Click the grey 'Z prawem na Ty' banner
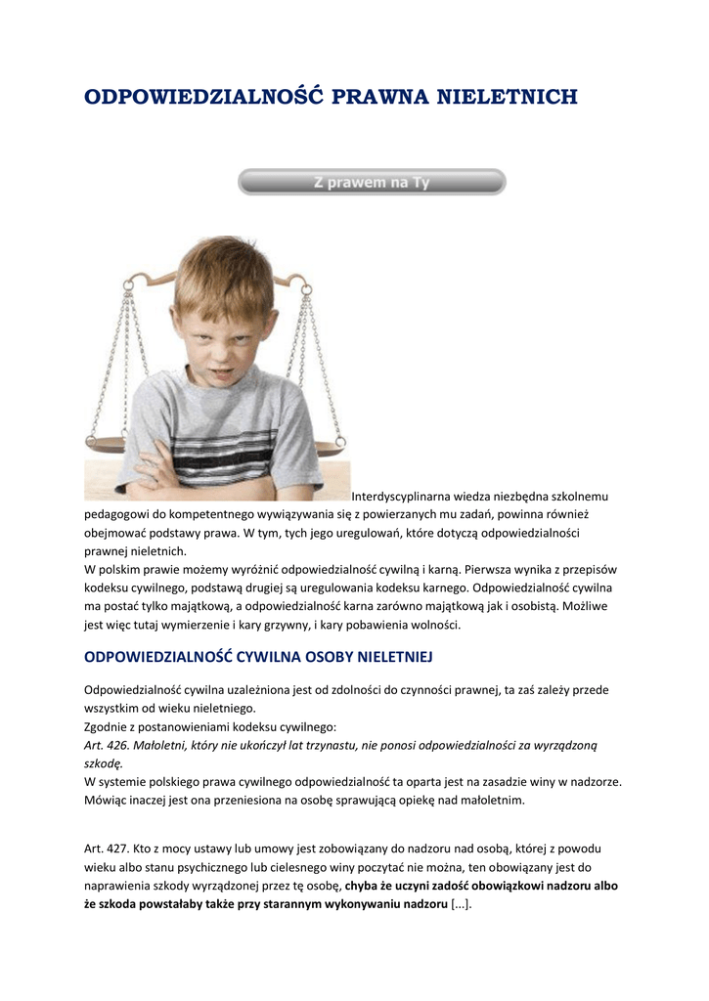(x=372, y=182)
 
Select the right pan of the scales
(x=323, y=451)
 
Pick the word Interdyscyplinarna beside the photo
(x=399, y=497)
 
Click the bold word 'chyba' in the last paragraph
(x=363, y=886)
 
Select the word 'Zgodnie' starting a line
(x=107, y=726)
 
